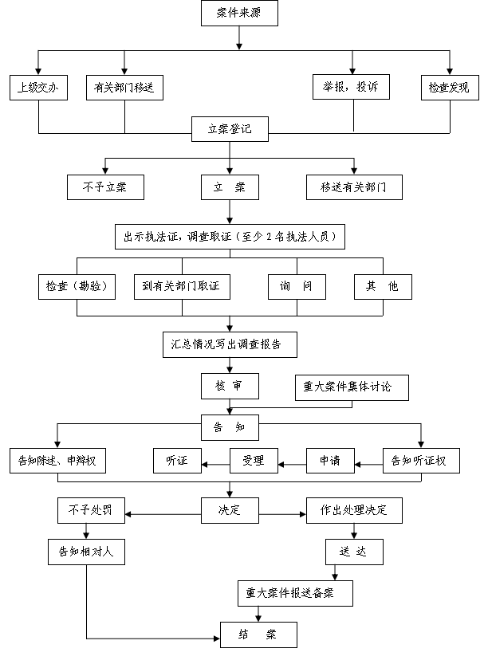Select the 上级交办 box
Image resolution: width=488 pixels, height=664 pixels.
tap(38, 87)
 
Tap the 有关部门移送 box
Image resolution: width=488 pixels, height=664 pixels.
tap(124, 87)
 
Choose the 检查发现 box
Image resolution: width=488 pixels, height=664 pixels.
tap(449, 87)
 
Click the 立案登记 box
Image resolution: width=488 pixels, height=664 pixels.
tap(230, 129)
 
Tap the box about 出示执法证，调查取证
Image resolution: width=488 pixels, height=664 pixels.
tap(230, 236)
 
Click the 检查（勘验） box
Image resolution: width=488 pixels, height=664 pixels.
tap(77, 286)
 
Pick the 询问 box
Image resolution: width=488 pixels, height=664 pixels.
tap(297, 286)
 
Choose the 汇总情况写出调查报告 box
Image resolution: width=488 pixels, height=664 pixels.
tap(230, 344)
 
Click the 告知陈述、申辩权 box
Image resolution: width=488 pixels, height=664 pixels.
tap(57, 460)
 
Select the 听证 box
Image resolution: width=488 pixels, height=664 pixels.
tap(177, 460)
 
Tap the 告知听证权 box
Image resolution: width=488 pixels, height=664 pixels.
tap(421, 460)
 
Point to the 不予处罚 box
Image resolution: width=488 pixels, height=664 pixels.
tap(91, 510)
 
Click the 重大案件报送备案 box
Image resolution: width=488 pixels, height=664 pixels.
tap(295, 592)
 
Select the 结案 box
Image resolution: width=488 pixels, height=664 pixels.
tap(258, 635)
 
